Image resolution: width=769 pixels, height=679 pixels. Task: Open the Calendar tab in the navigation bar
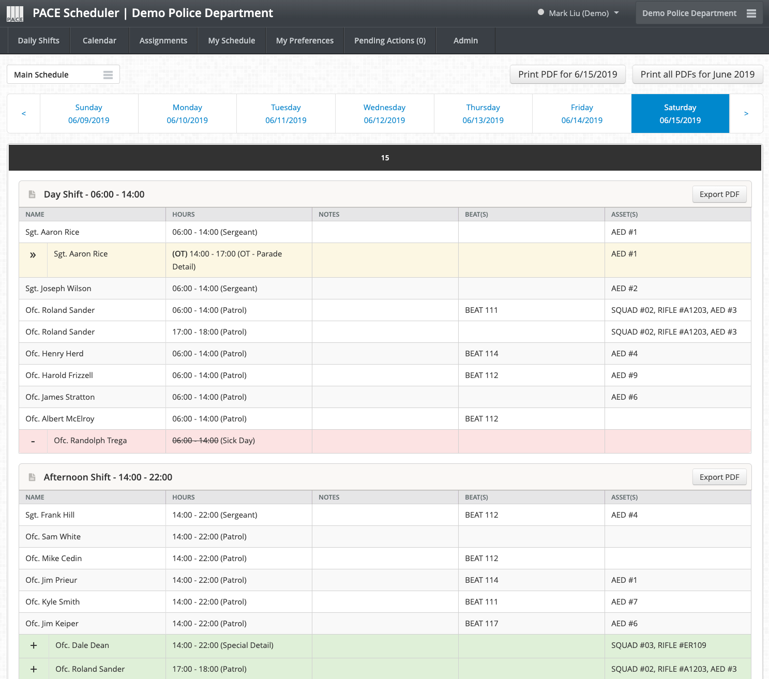[x=99, y=41]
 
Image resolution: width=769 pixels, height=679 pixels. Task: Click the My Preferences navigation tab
[x=305, y=41]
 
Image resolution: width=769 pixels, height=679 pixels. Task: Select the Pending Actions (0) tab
[x=390, y=41]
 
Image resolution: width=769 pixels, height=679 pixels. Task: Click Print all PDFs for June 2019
[x=697, y=74]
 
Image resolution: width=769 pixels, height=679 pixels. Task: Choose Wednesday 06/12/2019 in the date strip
[x=384, y=113]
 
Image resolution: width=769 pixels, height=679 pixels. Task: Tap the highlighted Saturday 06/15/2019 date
[x=680, y=113]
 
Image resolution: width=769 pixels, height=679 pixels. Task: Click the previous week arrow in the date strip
[x=24, y=113]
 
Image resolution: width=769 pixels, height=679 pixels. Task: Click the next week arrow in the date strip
[x=746, y=113]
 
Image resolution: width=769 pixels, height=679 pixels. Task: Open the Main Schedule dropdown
[x=64, y=74]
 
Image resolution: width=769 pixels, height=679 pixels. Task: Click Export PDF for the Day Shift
[x=719, y=194]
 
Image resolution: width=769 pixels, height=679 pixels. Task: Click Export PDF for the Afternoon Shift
[x=719, y=477]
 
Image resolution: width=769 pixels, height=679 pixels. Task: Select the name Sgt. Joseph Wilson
[x=58, y=289]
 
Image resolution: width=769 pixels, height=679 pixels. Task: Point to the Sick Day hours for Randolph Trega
[x=213, y=441]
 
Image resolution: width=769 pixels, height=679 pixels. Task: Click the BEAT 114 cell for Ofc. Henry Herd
[x=481, y=354]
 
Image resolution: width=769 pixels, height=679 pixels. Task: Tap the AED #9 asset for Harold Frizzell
[x=624, y=375]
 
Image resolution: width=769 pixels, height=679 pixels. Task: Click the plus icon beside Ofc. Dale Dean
[x=34, y=645]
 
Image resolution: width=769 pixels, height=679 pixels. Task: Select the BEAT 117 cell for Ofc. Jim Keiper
[x=481, y=624]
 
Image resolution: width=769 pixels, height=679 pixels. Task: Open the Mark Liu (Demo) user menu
[x=579, y=13]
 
